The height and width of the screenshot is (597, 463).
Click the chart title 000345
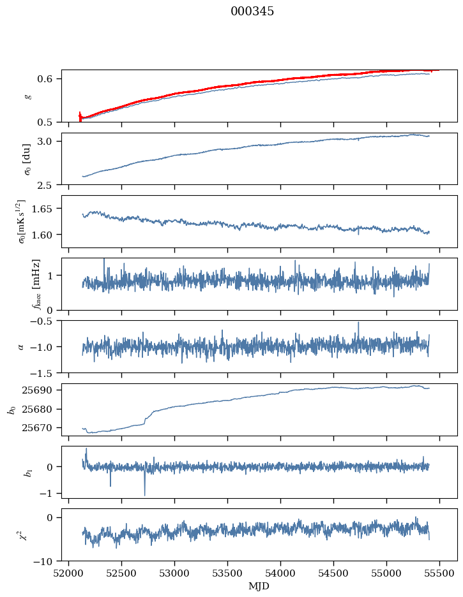(x=252, y=11)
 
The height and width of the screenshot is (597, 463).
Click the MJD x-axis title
(x=259, y=586)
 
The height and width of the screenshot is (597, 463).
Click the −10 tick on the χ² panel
(x=47, y=561)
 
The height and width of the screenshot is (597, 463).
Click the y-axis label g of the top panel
(x=27, y=96)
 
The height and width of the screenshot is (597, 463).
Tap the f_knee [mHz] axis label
(x=36, y=284)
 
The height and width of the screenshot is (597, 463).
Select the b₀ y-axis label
(x=11, y=409)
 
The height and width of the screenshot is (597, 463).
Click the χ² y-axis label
(x=24, y=534)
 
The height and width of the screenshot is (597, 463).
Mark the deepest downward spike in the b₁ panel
(x=144, y=494)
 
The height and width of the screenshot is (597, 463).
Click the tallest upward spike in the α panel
(x=358, y=323)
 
